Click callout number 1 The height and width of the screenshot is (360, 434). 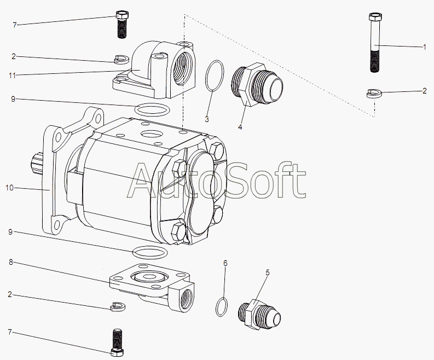424,48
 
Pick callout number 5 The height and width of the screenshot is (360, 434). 267,272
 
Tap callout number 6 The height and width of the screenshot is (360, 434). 224,264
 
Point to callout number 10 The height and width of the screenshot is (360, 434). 9,188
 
